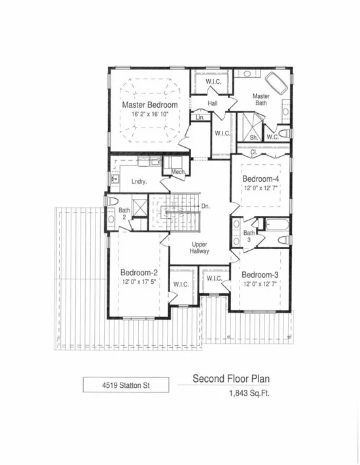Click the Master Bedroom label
(x=150, y=105)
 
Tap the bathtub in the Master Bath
(x=276, y=83)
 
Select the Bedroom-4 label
(x=261, y=179)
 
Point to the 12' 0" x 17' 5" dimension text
(x=139, y=282)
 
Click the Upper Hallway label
(x=200, y=248)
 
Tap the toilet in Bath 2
(x=113, y=201)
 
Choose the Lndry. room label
(x=139, y=182)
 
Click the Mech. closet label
(x=179, y=172)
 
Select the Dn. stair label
(x=206, y=206)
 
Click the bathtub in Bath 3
(x=276, y=224)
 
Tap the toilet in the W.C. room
(x=285, y=133)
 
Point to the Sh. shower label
(x=254, y=137)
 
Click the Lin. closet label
(x=200, y=118)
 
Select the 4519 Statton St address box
(x=126, y=385)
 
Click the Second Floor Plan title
(x=231, y=379)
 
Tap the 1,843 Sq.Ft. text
(x=249, y=394)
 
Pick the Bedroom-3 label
(x=260, y=275)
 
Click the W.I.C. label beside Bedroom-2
(x=181, y=284)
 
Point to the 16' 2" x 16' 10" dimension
(x=150, y=114)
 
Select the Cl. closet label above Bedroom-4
(x=254, y=152)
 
